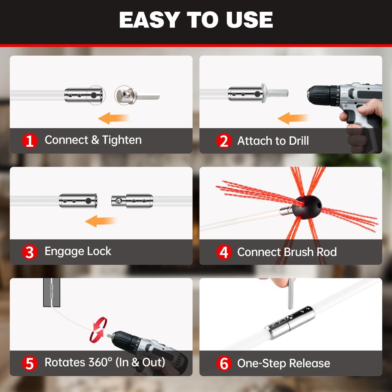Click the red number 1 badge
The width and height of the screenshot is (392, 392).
pyautogui.click(x=30, y=140)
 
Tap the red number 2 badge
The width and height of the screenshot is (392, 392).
pyautogui.click(x=223, y=141)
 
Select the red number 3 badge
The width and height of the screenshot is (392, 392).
pyautogui.click(x=30, y=252)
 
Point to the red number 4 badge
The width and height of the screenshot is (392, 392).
pyautogui.click(x=223, y=252)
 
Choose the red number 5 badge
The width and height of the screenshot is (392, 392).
pyautogui.click(x=30, y=363)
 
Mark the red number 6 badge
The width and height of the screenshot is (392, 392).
pyautogui.click(x=223, y=363)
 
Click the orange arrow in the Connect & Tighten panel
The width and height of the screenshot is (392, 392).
pyautogui.click(x=114, y=117)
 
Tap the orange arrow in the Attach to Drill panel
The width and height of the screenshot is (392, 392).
pyautogui.click(x=293, y=117)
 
